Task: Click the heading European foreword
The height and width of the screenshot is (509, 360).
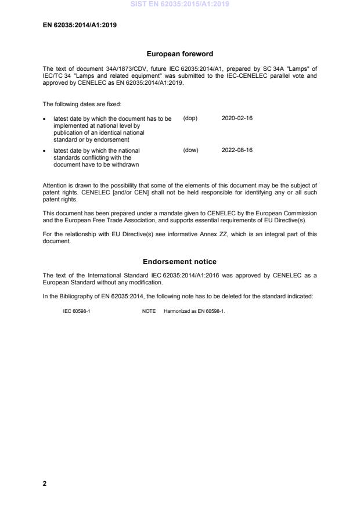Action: click(x=179, y=54)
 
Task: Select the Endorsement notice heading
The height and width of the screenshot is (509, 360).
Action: click(x=179, y=262)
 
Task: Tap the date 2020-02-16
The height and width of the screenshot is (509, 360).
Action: click(x=237, y=118)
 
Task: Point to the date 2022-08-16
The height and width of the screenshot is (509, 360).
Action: click(x=237, y=150)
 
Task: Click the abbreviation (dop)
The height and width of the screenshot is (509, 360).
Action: click(x=190, y=118)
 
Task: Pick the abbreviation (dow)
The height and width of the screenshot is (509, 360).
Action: click(x=190, y=150)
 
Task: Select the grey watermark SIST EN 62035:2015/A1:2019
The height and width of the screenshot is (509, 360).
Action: click(x=179, y=4)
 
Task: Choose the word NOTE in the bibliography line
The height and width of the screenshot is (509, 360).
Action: click(x=149, y=311)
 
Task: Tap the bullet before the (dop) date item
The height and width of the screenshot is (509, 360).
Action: click(x=45, y=119)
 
